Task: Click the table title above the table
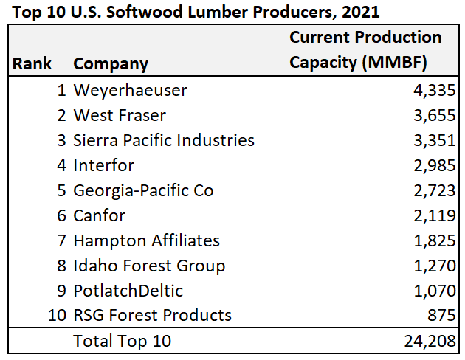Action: (x=196, y=13)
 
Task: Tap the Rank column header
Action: (x=32, y=63)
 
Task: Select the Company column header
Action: (x=111, y=63)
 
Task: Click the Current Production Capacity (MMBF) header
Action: (x=365, y=49)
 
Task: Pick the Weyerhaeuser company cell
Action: (x=130, y=91)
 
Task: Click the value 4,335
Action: (x=434, y=91)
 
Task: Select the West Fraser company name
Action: (x=120, y=116)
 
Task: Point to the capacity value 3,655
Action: (x=434, y=116)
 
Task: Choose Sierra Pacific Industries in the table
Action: (x=163, y=140)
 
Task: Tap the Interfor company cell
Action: (x=103, y=165)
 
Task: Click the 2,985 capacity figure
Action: (x=434, y=165)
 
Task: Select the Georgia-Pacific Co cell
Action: (x=143, y=190)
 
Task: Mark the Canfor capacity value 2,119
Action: (x=434, y=215)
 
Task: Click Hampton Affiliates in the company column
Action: (x=146, y=240)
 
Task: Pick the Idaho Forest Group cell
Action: (x=149, y=266)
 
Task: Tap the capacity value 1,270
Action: (x=434, y=266)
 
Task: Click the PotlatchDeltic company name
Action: (x=128, y=291)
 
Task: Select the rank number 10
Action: (x=57, y=316)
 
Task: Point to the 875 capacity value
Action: (x=441, y=316)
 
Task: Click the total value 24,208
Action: (x=430, y=341)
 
